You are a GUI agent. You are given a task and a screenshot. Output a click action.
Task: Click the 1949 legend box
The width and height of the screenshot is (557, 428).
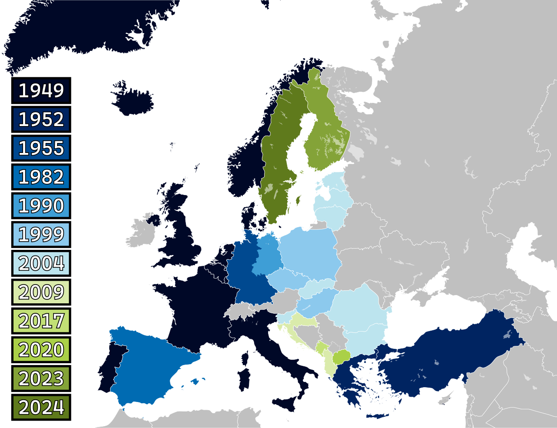pos(41,90)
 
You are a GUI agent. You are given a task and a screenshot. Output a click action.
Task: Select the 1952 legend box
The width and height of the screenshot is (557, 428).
pos(41,119)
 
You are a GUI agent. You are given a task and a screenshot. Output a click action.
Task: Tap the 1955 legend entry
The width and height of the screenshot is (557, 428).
pos(41,148)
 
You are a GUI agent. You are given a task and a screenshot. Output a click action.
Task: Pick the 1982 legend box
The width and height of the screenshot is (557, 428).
pos(41,177)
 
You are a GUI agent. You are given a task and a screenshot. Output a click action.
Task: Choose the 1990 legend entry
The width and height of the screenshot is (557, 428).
pos(41,206)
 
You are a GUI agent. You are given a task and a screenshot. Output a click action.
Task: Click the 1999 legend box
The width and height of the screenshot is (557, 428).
pos(41,235)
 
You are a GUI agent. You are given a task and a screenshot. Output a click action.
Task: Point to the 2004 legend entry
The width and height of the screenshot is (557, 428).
pos(41,263)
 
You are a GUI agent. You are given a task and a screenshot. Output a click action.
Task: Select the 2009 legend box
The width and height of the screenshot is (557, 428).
pos(41,292)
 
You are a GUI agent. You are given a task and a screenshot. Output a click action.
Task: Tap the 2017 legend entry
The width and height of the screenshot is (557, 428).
pos(41,321)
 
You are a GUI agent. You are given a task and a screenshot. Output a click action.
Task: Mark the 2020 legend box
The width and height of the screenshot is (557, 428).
pos(41,350)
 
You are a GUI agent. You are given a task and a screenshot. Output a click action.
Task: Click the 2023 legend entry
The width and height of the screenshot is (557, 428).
pos(41,378)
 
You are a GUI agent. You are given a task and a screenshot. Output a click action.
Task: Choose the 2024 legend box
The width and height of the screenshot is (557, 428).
pos(41,407)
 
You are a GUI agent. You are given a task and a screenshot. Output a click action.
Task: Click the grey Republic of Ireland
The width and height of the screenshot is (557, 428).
pos(141,235)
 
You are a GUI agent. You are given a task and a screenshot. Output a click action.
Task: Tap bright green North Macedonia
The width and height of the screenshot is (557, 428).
pos(341,357)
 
